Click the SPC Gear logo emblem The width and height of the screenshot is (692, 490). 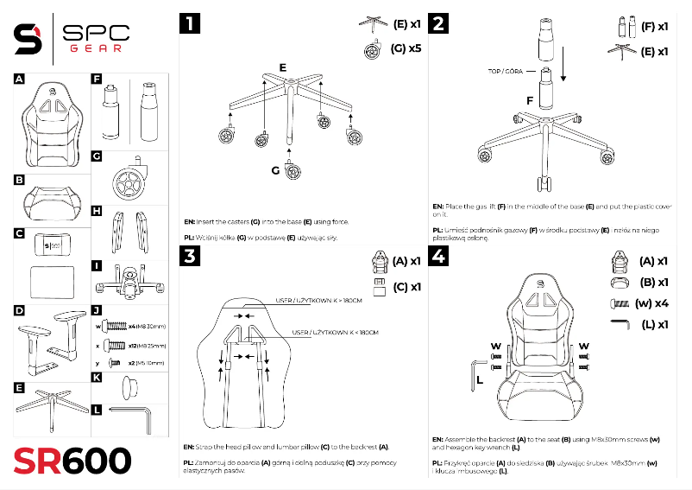pos(28,36)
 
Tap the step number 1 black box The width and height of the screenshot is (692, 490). pos(188,23)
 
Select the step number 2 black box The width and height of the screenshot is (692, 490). pos(440,23)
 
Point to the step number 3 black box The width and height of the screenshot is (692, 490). pos(188,256)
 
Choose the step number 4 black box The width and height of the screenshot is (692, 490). pos(440,256)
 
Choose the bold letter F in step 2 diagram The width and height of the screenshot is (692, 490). pos(529,100)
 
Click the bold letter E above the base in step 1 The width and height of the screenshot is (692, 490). pos(282,67)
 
